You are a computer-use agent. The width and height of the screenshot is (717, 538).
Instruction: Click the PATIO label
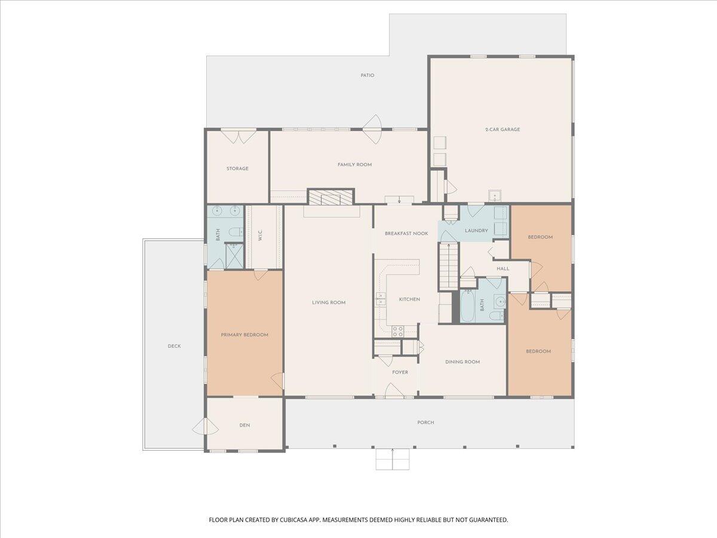click(367, 75)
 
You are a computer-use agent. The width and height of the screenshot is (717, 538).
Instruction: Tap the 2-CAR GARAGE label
click(502, 129)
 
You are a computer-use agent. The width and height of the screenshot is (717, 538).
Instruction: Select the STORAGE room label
click(237, 169)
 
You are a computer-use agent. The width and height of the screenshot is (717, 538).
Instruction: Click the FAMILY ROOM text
click(354, 164)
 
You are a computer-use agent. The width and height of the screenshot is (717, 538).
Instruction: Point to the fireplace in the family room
click(330, 198)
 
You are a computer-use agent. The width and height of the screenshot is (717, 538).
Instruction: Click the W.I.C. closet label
click(261, 236)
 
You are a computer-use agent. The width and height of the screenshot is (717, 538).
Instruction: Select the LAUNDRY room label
click(476, 231)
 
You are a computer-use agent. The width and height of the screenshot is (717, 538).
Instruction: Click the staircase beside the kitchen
click(448, 267)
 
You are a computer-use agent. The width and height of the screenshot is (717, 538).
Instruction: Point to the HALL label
click(503, 268)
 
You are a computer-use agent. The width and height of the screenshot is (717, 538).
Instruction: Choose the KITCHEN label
click(409, 299)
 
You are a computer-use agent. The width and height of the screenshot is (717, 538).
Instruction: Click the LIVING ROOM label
click(329, 302)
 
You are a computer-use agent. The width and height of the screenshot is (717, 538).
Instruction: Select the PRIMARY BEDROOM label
click(244, 335)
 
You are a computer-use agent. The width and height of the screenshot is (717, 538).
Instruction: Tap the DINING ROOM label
click(462, 362)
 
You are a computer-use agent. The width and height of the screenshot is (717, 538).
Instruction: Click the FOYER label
click(400, 372)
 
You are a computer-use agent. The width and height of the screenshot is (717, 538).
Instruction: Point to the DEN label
click(244, 425)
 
